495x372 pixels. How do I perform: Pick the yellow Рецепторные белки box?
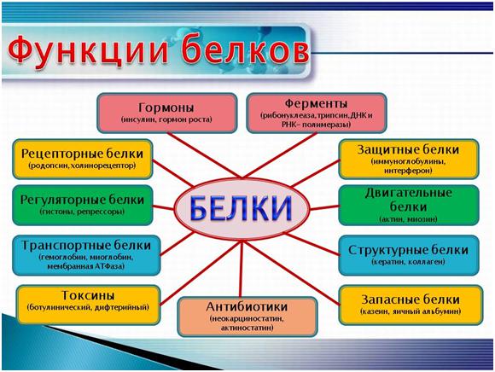(83, 159)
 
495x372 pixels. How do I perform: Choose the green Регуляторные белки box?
(83, 204)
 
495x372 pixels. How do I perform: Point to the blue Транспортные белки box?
(83, 253)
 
